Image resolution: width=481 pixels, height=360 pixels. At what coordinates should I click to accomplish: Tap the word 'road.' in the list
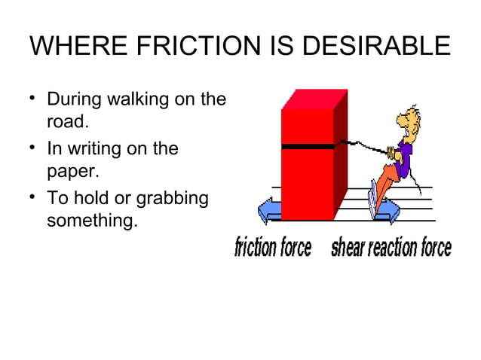[x=69, y=122]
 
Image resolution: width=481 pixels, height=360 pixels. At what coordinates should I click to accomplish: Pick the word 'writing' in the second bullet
[x=96, y=149]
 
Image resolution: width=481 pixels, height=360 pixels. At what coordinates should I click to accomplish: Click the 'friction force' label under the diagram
[x=273, y=247]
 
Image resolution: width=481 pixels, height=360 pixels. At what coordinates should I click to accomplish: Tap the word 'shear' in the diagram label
[x=348, y=247]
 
